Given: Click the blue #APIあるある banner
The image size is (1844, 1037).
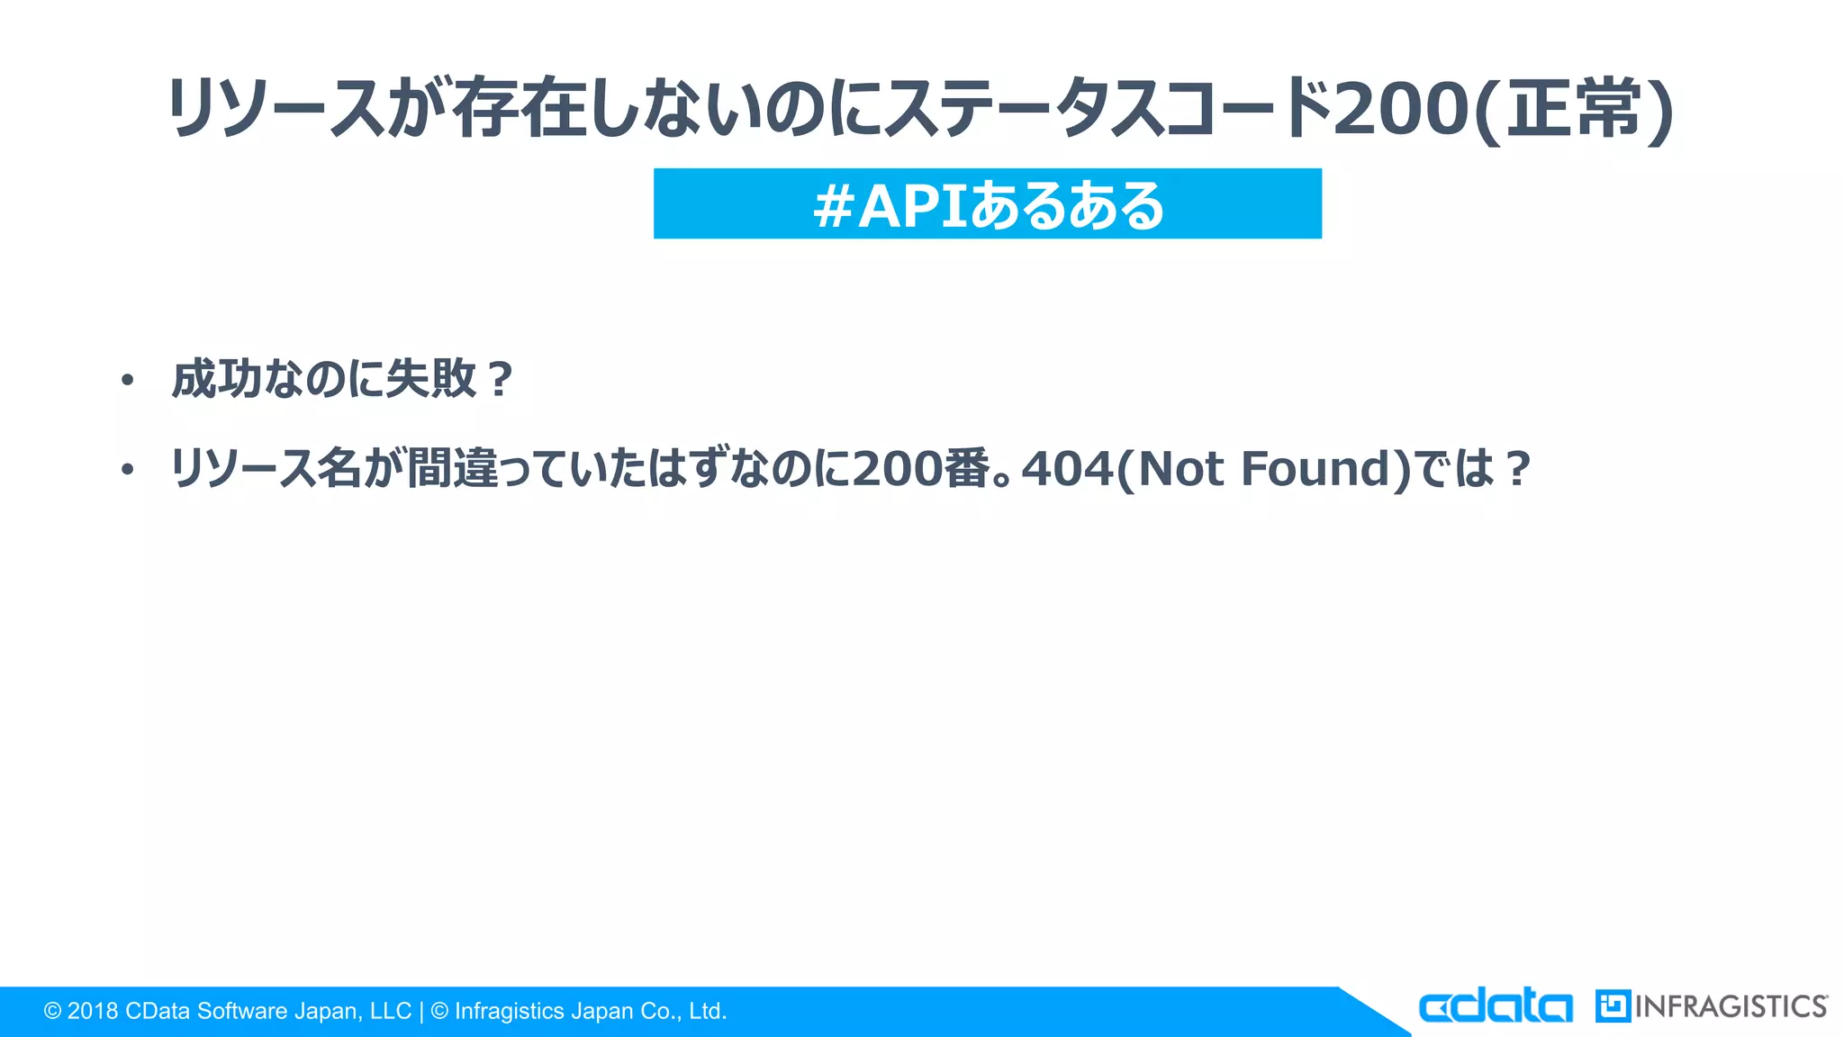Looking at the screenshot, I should tap(987, 204).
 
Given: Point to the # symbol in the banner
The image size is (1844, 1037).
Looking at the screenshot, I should tap(832, 206).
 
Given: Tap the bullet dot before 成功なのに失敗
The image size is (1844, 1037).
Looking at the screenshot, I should tap(127, 381).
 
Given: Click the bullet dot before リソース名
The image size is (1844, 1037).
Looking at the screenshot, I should tap(127, 470).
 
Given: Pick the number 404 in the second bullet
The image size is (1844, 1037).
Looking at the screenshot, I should tap(1067, 469).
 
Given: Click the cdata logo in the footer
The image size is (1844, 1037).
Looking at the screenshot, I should tap(1495, 1006).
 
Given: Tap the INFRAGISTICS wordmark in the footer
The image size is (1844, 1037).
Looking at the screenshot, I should tap(1731, 1006).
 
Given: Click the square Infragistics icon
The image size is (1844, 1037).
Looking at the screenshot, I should tap(1613, 1006).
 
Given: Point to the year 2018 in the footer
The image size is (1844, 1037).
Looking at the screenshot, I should tap(93, 1012).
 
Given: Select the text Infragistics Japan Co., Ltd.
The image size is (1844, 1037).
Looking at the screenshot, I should tap(590, 1012).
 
